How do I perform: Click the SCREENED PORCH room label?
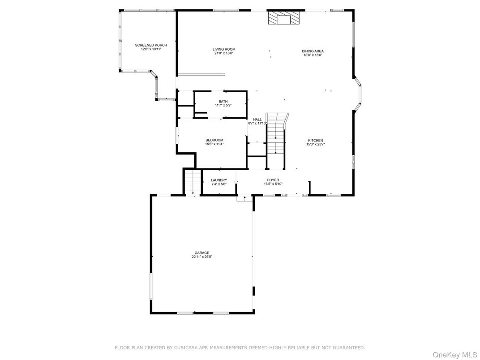click(151, 45)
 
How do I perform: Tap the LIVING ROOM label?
click(224, 49)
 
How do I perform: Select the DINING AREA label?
click(313, 51)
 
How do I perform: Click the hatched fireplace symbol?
click(283, 18)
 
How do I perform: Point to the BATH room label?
click(223, 101)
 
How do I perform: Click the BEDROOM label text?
click(214, 140)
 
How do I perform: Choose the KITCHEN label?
click(315, 141)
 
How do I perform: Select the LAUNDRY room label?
click(219, 180)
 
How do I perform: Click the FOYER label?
click(273, 180)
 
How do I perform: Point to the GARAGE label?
click(201, 253)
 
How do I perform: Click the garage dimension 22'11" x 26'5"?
click(201, 257)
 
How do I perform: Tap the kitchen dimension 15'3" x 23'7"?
click(315, 144)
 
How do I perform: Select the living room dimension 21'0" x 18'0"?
click(224, 53)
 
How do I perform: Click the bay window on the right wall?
click(359, 94)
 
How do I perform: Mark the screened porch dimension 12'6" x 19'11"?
click(151, 49)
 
